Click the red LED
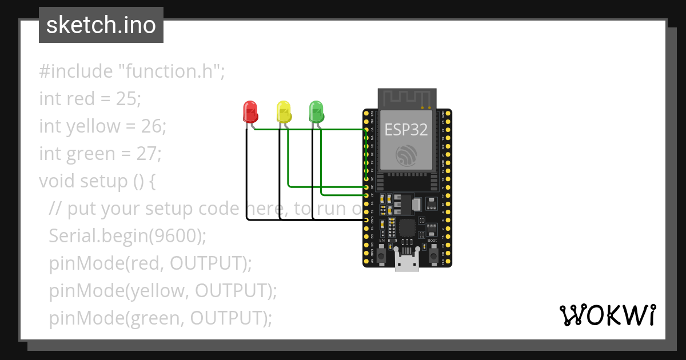[x=250, y=111]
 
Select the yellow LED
[x=283, y=111]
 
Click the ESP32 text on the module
[x=406, y=130]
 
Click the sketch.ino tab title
[x=101, y=25]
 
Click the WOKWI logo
[x=607, y=315]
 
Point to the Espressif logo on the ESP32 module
[x=406, y=156]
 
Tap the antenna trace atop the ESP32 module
[x=407, y=98]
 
